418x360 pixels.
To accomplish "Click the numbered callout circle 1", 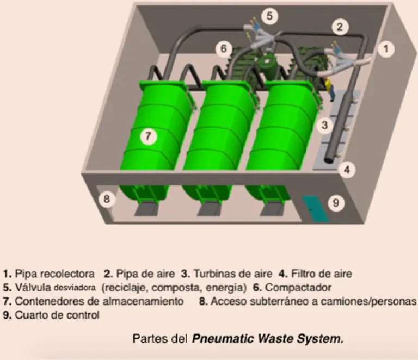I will pos(385,49).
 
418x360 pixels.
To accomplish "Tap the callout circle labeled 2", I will pos(340,26).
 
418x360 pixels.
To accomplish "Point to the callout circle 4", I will pos(346,169).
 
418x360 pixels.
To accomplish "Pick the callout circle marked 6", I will pos(223,48).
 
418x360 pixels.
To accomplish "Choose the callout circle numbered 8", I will pos(107,200).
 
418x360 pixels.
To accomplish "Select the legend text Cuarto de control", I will pos(57,315).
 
